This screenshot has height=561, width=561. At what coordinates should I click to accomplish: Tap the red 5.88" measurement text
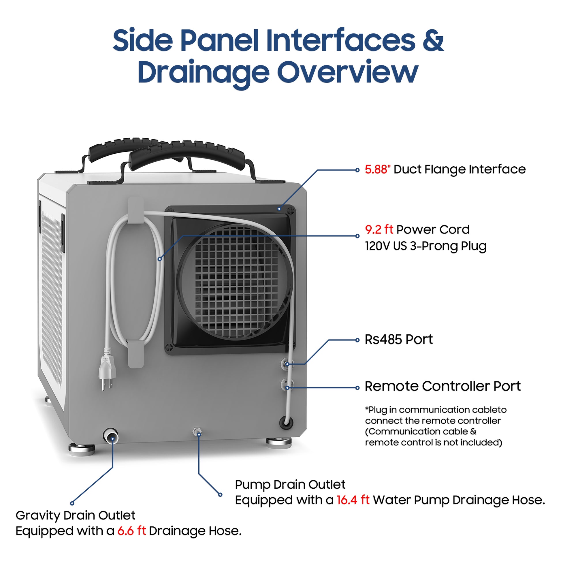pyautogui.click(x=377, y=170)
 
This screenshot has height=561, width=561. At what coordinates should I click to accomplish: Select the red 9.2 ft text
pyautogui.click(x=379, y=230)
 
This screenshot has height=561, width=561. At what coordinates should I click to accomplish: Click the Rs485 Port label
pyautogui.click(x=398, y=339)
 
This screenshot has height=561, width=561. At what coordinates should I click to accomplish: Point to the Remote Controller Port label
pyautogui.click(x=442, y=387)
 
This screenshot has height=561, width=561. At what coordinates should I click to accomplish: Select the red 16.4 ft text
pyautogui.click(x=353, y=500)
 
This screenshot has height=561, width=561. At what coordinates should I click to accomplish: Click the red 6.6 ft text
pyautogui.click(x=131, y=531)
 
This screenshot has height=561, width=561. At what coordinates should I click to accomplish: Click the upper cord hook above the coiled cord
pyautogui.click(x=135, y=210)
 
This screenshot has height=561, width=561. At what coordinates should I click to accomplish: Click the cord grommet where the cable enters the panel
pyautogui.click(x=286, y=423)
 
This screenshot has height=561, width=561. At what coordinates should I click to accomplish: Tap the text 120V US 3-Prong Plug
pyautogui.click(x=426, y=246)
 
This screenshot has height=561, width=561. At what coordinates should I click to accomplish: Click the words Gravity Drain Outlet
pyautogui.click(x=76, y=515)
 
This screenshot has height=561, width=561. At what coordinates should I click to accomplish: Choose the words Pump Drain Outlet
pyautogui.click(x=290, y=485)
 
